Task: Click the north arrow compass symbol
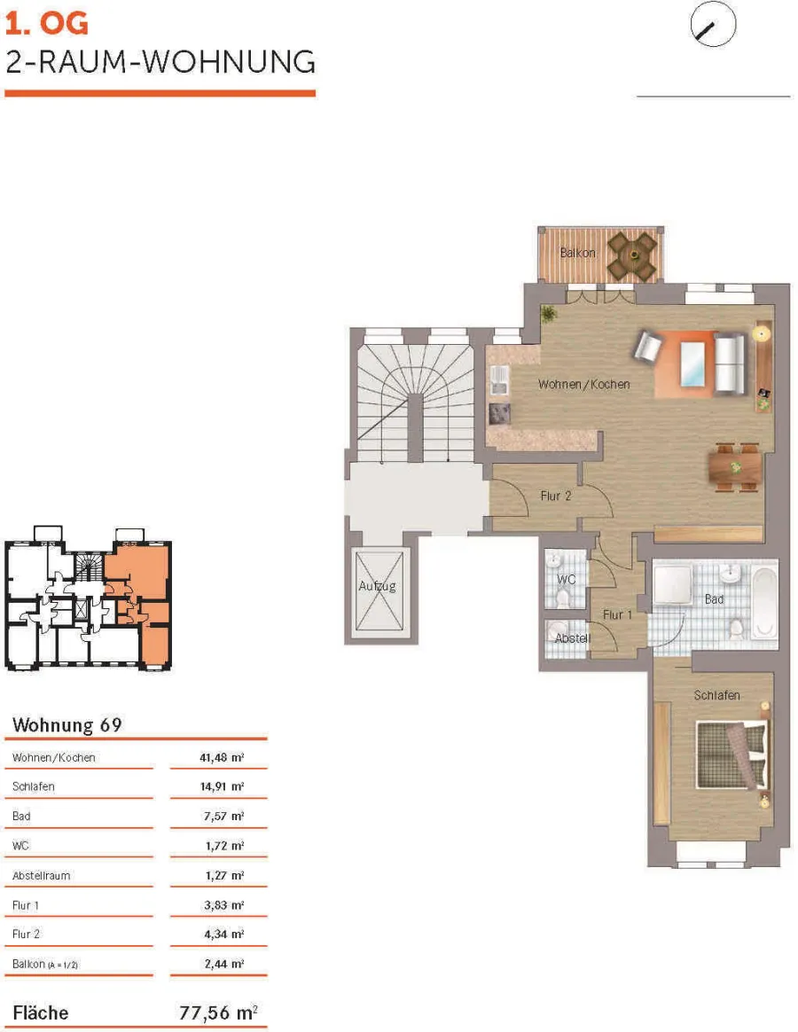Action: (x=713, y=24)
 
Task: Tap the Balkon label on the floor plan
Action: (x=577, y=253)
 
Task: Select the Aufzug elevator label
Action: (x=377, y=586)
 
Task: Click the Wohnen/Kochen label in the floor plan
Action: (x=584, y=385)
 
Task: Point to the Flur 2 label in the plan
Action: (x=556, y=496)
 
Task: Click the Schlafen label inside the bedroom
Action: (x=717, y=696)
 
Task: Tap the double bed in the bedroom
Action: (x=732, y=754)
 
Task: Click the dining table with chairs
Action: (x=735, y=468)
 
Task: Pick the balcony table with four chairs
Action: (x=633, y=254)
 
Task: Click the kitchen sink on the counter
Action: (x=499, y=380)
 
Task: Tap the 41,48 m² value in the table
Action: (x=222, y=757)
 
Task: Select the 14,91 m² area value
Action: (x=222, y=786)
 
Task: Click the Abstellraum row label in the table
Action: (x=41, y=876)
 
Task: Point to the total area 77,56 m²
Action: (x=218, y=1012)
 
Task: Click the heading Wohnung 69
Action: (x=67, y=725)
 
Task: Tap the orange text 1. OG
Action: (x=46, y=24)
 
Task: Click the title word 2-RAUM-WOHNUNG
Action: (x=160, y=63)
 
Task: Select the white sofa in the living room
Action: (x=730, y=364)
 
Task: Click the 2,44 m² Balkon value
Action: (x=223, y=965)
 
